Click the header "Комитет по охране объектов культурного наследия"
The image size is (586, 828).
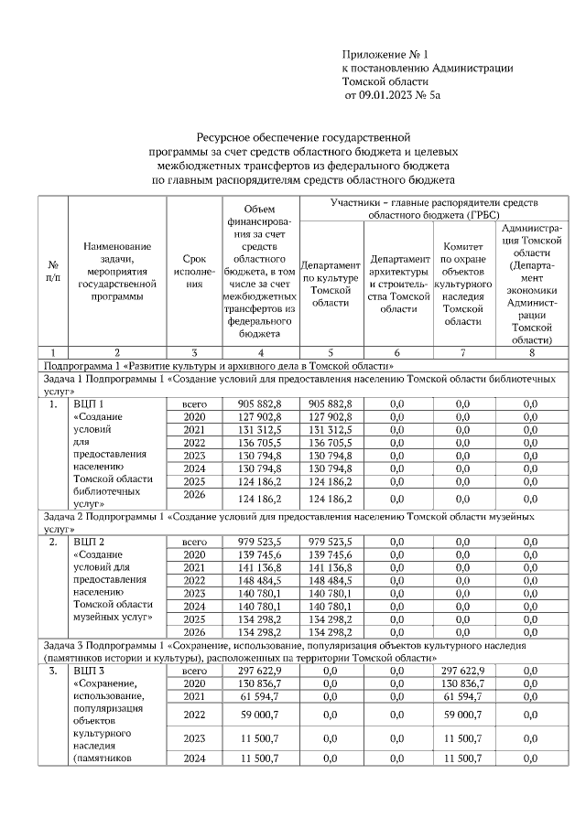(x=462, y=284)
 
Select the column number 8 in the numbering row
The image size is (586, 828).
(x=530, y=352)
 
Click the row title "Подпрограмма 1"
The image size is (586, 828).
(x=82, y=366)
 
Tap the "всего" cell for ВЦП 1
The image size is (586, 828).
(x=195, y=404)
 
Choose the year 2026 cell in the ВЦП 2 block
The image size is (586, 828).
(x=195, y=631)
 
